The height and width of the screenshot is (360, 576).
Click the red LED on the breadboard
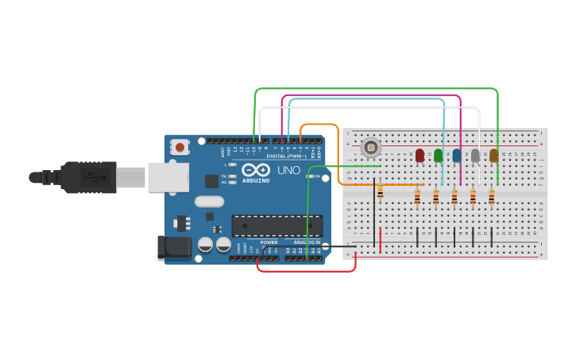coord(419,156)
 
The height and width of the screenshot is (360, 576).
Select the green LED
coord(438,156)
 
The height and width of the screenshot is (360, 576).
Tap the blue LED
coord(457,156)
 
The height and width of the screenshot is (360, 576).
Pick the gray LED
coord(475,156)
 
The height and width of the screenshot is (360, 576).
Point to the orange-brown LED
coord(493,156)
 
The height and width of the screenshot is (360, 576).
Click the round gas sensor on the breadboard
coord(370,147)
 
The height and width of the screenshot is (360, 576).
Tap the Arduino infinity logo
coord(256,170)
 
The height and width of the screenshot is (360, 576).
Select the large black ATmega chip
coord(276,225)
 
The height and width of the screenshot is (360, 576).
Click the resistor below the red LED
coord(417,197)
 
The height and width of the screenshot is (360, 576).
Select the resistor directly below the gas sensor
coord(380,192)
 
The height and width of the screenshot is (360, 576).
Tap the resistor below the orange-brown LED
coord(491,197)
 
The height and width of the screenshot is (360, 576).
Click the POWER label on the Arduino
coord(269,242)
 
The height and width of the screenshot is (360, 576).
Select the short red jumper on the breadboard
coord(380,240)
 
